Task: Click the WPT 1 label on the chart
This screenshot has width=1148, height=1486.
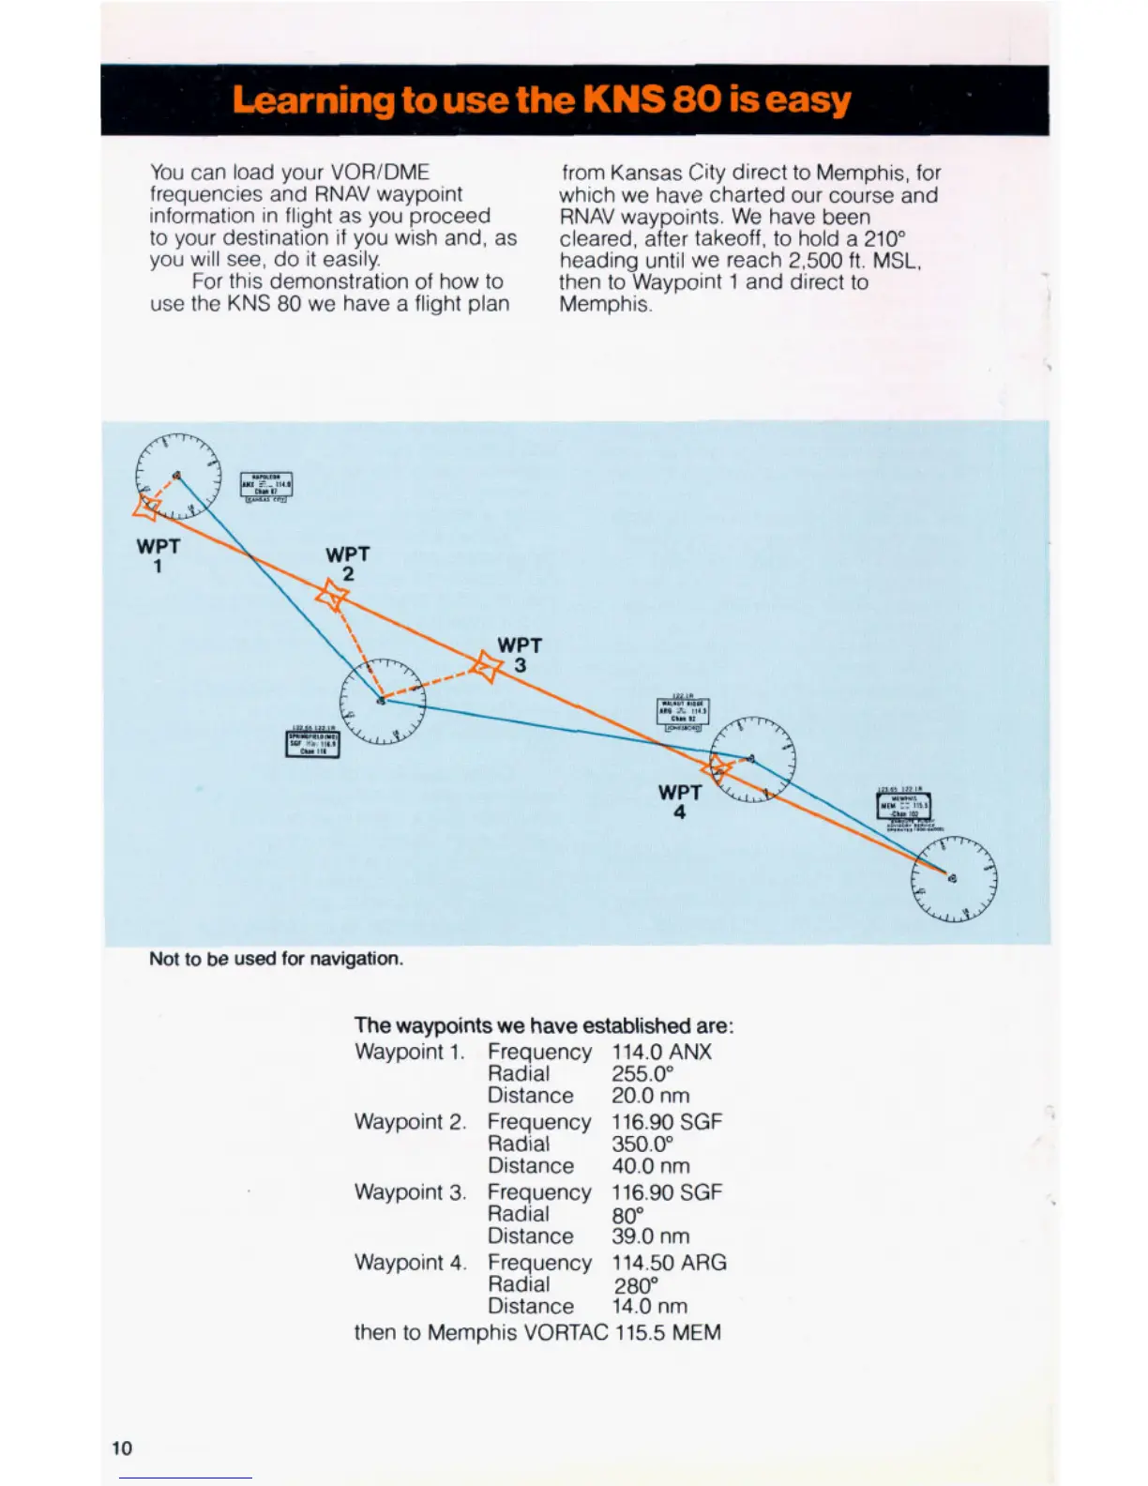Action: (x=158, y=555)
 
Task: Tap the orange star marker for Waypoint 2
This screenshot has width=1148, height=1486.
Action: (x=332, y=595)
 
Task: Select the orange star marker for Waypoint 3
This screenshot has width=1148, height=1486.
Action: (x=486, y=668)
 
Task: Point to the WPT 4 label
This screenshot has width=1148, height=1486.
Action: (x=680, y=802)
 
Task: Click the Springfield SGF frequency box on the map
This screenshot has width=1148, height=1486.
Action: (x=312, y=743)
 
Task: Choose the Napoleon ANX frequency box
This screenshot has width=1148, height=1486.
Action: (x=266, y=485)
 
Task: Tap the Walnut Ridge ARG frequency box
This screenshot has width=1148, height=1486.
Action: (x=683, y=713)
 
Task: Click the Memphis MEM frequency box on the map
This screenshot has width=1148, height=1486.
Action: (x=903, y=806)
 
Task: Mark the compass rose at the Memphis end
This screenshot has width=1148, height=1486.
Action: (x=953, y=878)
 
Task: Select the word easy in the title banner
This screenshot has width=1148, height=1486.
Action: (x=808, y=99)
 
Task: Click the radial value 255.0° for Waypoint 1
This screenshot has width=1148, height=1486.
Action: (x=643, y=1074)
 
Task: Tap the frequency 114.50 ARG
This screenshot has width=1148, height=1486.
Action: (x=669, y=1263)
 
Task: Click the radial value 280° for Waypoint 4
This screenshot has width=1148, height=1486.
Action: (x=636, y=1285)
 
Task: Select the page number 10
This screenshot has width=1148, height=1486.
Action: (x=122, y=1448)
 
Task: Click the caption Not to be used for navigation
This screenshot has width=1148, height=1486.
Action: (x=276, y=959)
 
